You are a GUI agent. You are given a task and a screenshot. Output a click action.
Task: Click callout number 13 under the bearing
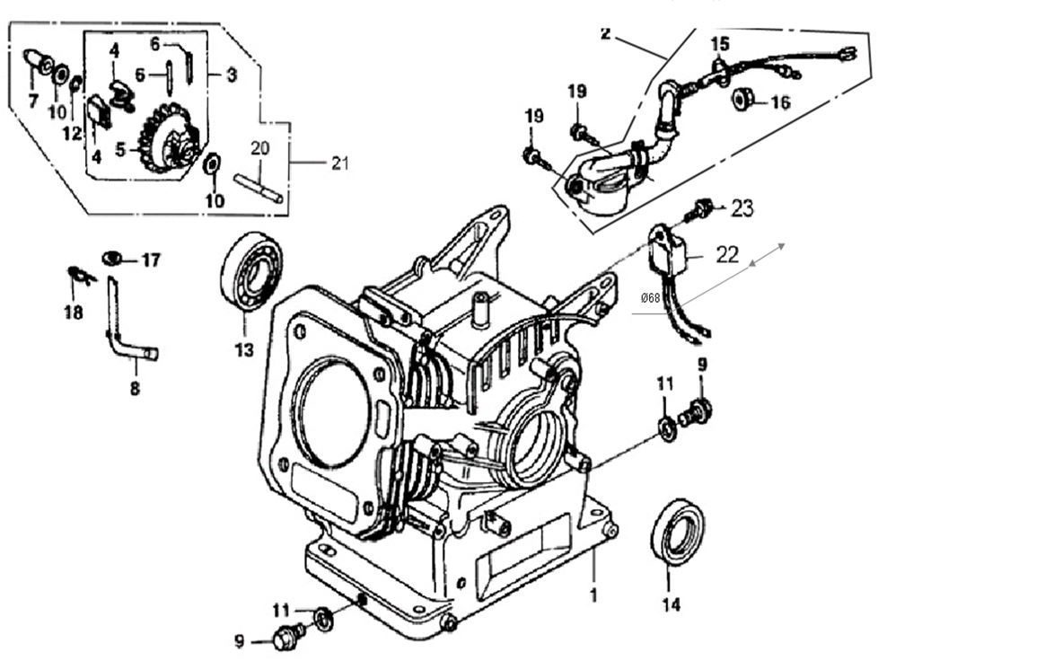[244, 350]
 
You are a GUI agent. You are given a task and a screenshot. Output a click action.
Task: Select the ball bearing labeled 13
[251, 271]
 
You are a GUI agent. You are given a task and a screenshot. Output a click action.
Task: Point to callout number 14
[672, 604]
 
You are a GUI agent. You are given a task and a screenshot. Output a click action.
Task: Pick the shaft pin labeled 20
[259, 187]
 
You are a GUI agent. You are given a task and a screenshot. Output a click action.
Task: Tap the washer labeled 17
[112, 259]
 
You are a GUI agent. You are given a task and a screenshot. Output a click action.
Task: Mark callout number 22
[727, 254]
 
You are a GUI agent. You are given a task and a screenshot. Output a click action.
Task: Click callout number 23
[742, 208]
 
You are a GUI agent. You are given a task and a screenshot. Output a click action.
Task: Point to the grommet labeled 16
[743, 99]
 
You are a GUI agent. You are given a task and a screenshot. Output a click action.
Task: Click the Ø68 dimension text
[651, 297]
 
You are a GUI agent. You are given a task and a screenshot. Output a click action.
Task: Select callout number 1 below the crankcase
[593, 595]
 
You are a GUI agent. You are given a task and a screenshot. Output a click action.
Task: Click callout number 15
[720, 43]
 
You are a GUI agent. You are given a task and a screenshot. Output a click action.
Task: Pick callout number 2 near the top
[606, 34]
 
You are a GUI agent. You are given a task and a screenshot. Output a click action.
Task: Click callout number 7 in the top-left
[33, 101]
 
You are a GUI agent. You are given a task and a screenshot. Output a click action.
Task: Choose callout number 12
[73, 134]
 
